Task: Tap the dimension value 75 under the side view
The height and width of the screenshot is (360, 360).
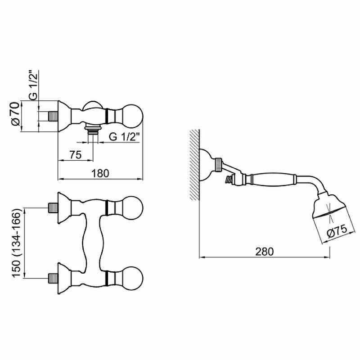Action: click(75, 155)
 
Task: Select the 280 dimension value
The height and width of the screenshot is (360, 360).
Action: click(264, 252)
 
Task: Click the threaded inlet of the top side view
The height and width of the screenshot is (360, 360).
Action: click(54, 116)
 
